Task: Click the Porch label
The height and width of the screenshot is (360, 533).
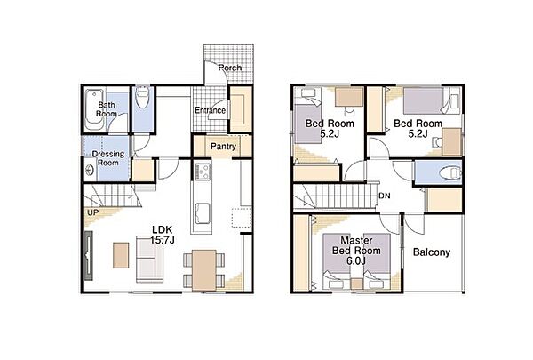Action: tap(230, 68)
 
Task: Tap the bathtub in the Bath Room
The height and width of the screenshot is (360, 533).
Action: tap(94, 109)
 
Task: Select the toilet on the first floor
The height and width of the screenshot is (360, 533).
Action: tap(142, 97)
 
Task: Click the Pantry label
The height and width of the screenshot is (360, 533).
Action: tap(223, 147)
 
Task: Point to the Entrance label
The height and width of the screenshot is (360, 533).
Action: tap(210, 110)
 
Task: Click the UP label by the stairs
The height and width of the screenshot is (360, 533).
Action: tap(92, 212)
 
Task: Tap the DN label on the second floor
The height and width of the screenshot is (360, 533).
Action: tap(385, 196)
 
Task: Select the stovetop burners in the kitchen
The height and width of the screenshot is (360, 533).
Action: tap(203, 172)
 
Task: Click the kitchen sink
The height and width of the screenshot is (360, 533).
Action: tap(203, 213)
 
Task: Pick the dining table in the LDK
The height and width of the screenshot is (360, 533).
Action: tap(204, 270)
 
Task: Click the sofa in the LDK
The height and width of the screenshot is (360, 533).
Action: tap(150, 259)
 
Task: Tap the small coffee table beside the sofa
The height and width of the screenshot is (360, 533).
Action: tap(121, 255)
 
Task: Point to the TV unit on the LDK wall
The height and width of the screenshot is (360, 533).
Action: tap(89, 255)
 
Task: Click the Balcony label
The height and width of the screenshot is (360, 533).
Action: tap(432, 252)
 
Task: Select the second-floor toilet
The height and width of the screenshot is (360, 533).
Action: tap(450, 173)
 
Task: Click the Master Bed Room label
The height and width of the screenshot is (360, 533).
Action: tap(356, 245)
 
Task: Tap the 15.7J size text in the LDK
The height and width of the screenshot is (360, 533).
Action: tap(163, 240)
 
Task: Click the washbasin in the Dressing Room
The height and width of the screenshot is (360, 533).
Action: tap(90, 170)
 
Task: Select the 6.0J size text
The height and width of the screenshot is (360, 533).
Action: tap(356, 261)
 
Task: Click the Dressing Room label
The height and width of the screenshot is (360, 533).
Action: tap(108, 158)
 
